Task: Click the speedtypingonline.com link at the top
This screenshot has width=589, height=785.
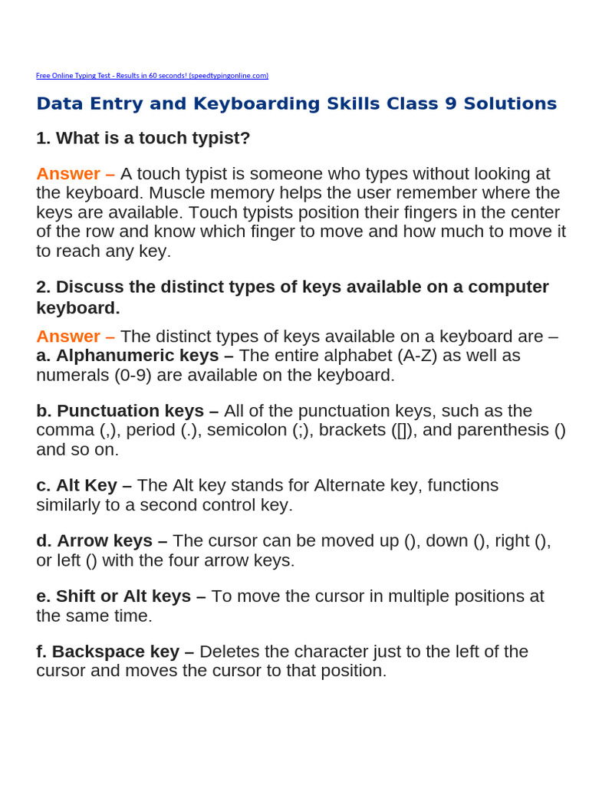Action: click(x=152, y=75)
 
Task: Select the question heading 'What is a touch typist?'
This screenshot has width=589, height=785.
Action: click(x=153, y=138)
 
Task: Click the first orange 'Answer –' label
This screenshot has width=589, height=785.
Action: click(x=75, y=174)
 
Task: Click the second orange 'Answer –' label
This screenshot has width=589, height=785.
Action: click(x=75, y=337)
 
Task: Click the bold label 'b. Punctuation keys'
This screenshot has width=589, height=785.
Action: click(x=127, y=411)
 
